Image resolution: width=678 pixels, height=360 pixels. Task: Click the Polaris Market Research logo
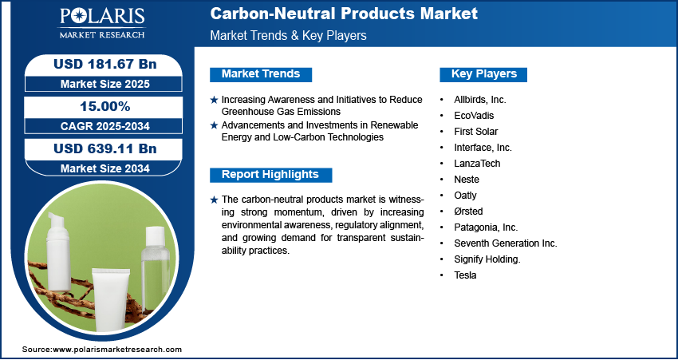[x=102, y=22]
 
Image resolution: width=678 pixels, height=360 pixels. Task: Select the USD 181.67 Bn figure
[x=105, y=64]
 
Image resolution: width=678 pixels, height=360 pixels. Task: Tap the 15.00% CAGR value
[x=105, y=106]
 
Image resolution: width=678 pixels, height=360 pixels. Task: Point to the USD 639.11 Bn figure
[x=105, y=148]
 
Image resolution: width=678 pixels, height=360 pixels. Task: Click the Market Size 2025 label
[x=105, y=84]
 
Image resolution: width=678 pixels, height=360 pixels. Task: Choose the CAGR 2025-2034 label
[x=105, y=126]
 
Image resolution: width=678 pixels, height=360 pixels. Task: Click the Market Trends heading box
[x=261, y=74]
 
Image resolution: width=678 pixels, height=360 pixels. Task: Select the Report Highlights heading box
[x=270, y=175]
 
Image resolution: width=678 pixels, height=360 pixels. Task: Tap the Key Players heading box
[x=483, y=74]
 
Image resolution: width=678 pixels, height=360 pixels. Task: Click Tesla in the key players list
[x=465, y=275]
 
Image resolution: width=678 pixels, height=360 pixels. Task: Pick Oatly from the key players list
[x=465, y=195]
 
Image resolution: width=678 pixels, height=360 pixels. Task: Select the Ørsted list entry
[x=468, y=212]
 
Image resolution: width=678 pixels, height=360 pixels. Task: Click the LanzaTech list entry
[x=477, y=163]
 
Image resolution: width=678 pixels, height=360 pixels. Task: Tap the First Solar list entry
[x=475, y=132]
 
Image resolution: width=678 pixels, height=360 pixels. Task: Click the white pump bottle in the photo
[x=58, y=251]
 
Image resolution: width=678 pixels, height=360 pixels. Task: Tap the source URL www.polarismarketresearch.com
[x=117, y=349]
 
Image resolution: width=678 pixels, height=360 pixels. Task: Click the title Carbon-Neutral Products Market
[x=344, y=14]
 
